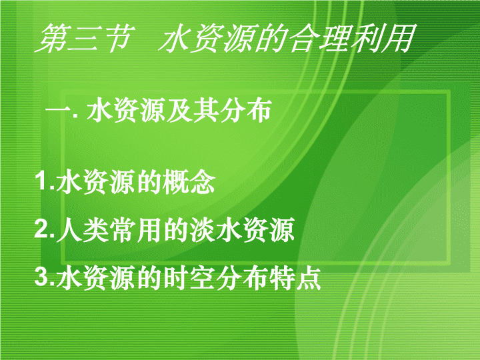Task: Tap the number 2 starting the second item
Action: [41, 229]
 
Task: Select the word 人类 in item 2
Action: [83, 229]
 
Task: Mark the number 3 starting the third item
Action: [41, 277]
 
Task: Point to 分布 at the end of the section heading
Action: [246, 110]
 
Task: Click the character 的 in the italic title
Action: [271, 38]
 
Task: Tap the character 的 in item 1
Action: [149, 182]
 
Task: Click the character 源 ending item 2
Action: [282, 229]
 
